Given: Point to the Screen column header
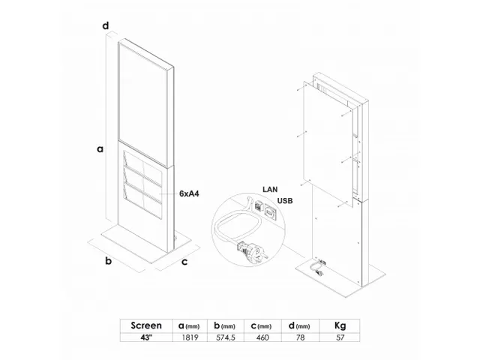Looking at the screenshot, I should [146, 326].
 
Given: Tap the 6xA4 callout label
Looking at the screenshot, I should [189, 193].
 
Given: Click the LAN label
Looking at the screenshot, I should [271, 190].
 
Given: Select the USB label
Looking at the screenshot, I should [285, 200].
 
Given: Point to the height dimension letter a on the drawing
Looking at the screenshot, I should [100, 148].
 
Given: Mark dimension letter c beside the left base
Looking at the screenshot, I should [184, 262].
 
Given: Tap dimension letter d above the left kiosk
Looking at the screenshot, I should [106, 26].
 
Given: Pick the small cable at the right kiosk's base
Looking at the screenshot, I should [317, 267].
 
